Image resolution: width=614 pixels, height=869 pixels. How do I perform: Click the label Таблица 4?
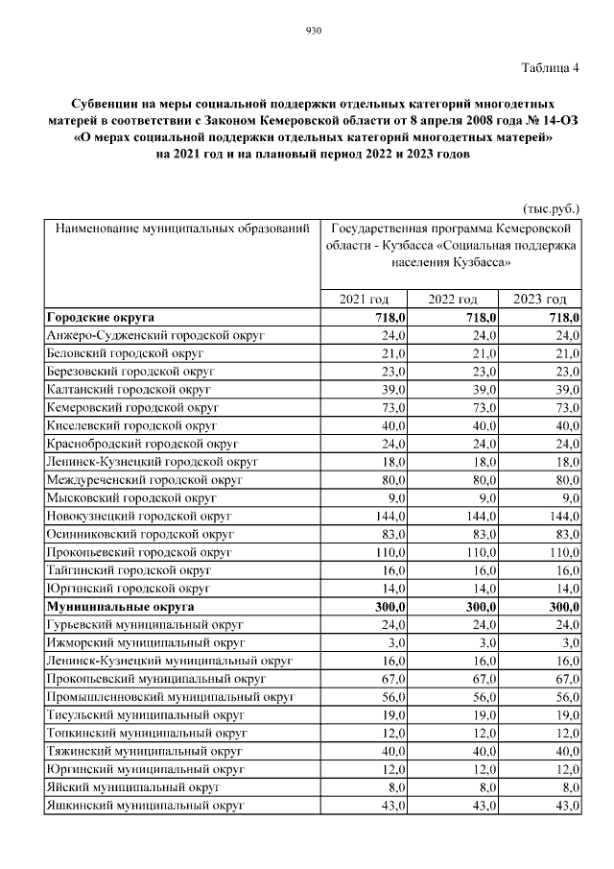551,68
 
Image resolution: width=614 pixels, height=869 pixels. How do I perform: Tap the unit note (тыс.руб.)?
551,208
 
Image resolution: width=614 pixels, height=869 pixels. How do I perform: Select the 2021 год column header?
365,300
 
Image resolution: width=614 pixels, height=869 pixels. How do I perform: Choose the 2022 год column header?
453,300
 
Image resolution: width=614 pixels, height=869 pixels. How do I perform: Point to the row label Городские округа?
101,317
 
